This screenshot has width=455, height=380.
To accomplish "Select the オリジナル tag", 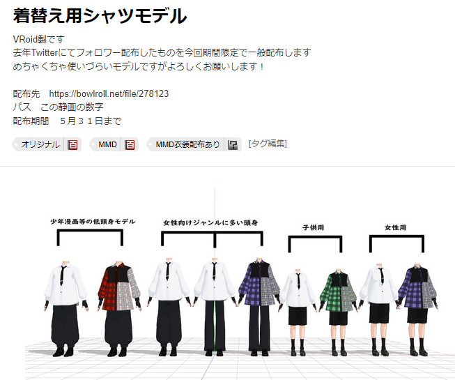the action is [x=40, y=144].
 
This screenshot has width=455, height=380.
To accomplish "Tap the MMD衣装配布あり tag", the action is [x=187, y=144].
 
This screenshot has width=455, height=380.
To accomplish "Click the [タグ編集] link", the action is [x=268, y=144].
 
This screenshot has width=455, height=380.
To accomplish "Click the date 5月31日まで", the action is [x=91, y=121].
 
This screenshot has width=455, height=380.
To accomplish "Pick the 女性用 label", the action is [x=395, y=227].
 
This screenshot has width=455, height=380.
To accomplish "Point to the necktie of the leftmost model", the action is [x=63, y=273].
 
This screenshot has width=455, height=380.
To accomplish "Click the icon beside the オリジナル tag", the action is [x=72, y=144].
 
